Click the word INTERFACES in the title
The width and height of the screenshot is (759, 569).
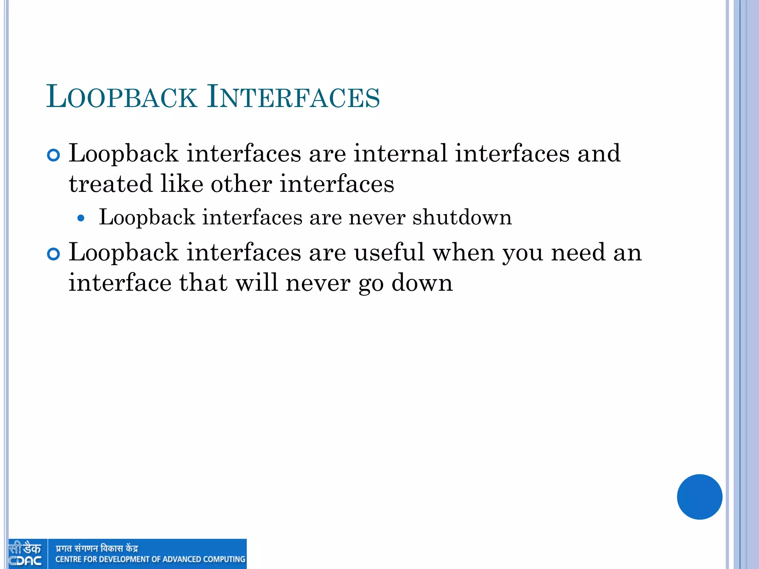[294, 97]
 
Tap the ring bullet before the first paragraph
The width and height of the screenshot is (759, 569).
[54, 155]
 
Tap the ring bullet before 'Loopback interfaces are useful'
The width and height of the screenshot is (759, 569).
[54, 254]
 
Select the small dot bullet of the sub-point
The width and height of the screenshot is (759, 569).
[81, 219]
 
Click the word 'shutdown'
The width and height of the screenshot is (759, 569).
[462, 217]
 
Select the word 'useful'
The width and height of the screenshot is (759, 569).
[389, 252]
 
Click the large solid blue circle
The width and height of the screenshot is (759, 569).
[699, 497]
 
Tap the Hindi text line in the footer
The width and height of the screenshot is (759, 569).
[97, 548]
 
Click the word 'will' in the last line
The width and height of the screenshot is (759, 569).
[256, 283]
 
